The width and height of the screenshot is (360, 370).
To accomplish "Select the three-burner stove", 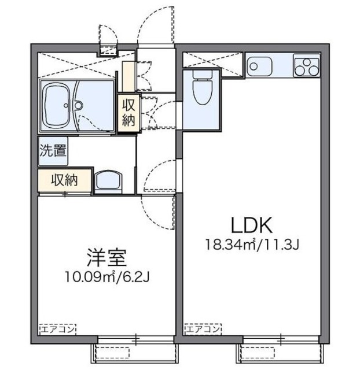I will (307, 65).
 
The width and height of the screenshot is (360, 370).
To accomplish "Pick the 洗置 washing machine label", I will (53, 151).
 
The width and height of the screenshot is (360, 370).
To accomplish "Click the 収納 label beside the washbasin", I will (64, 180).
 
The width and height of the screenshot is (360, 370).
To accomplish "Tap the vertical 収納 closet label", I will (128, 112).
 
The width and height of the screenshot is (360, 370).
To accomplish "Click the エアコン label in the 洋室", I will (57, 330).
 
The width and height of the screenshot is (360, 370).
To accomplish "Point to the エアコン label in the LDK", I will (203, 330).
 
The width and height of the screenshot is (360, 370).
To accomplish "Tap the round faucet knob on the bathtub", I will (76, 106).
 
